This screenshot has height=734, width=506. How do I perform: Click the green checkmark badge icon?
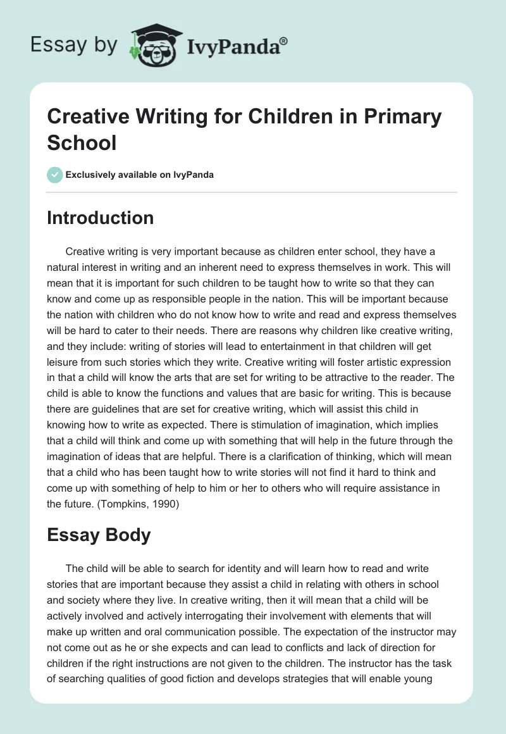54,175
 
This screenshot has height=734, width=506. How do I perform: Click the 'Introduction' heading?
101,218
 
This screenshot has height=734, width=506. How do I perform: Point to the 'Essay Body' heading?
99,535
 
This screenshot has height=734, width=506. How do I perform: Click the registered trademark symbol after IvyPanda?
283,40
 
